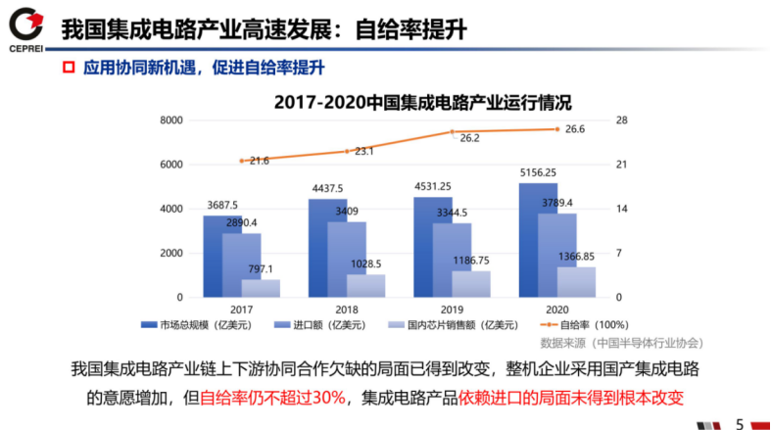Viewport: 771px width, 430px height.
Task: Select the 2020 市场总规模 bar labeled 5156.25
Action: [538, 240]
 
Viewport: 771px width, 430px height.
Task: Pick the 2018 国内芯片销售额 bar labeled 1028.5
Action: [365, 285]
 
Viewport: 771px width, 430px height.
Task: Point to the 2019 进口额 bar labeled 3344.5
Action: [452, 260]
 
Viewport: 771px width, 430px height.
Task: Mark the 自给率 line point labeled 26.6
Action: [557, 129]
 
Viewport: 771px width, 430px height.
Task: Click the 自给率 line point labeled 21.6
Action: [241, 161]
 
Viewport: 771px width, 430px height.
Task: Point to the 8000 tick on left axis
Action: [171, 120]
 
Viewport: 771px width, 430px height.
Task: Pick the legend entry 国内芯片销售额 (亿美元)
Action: [459, 325]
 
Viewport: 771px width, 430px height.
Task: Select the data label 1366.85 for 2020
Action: [576, 257]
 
